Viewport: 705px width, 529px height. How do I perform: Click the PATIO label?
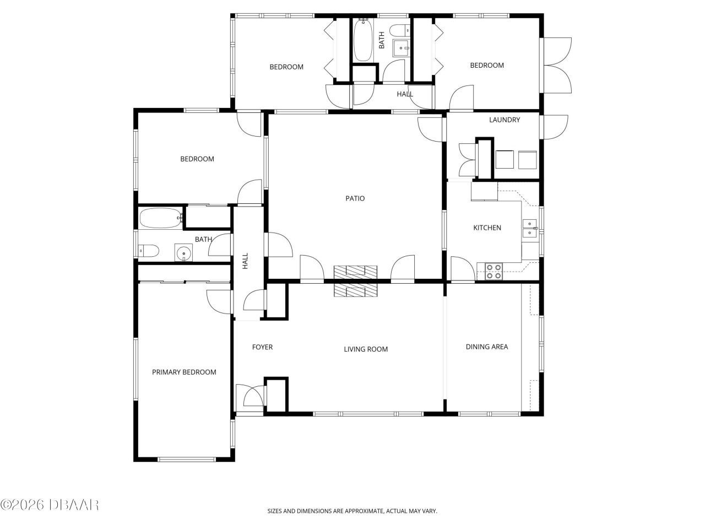[355, 198]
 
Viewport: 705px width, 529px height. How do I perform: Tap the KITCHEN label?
[487, 228]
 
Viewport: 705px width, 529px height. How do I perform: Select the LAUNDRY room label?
[505, 120]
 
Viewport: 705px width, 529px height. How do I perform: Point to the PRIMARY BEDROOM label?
[184, 372]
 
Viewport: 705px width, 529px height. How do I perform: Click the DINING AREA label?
[486, 347]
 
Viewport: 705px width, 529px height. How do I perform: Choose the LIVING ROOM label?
[366, 349]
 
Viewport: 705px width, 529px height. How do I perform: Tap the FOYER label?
[262, 347]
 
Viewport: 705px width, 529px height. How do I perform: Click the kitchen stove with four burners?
[493, 271]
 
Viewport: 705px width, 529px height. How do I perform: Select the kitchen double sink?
[530, 228]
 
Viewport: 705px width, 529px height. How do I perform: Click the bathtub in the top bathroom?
[363, 40]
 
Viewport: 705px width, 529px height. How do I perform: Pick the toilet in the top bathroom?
[399, 31]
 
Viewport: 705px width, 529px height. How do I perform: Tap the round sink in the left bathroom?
[183, 252]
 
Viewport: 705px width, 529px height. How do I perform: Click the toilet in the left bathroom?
[148, 251]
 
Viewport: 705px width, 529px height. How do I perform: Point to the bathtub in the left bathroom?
[161, 218]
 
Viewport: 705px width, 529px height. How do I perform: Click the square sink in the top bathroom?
[401, 48]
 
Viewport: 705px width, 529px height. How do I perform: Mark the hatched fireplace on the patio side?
[355, 272]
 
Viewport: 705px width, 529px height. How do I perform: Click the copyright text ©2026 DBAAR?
[50, 505]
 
